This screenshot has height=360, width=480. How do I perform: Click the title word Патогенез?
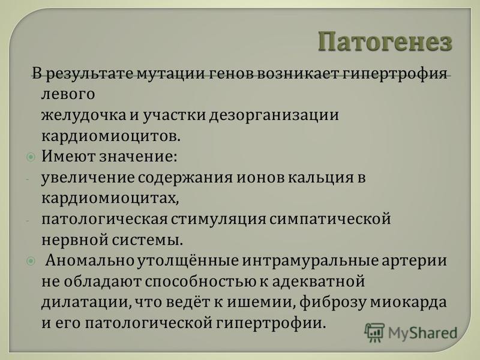coord(385,41)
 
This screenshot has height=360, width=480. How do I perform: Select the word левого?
coord(68,94)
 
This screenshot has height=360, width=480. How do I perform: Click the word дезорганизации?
coord(274,116)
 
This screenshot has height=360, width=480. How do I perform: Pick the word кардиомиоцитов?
coord(111,136)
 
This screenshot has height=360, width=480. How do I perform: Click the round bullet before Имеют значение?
coord(31,157)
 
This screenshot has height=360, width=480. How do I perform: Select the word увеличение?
coord(88,178)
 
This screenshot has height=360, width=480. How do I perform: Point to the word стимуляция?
coord(218,220)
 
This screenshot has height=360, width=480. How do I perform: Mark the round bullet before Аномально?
coord(31,261)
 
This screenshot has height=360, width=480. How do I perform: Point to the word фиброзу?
coord(332,302)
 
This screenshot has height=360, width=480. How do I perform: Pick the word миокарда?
coord(409,302)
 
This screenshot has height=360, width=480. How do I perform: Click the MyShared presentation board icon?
coord(374,332)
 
